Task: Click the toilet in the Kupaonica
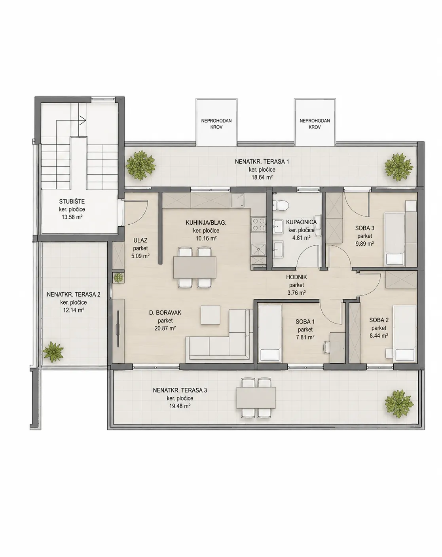[281, 205]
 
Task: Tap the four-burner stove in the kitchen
[258, 224]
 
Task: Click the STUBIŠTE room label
[72, 201]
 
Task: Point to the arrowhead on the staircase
[83, 120]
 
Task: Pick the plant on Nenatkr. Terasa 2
[53, 352]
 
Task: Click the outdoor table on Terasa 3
[256, 398]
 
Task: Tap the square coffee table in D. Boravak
[210, 315]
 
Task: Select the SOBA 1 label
[305, 322]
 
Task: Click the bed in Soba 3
[395, 239]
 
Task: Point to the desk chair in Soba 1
[326, 347]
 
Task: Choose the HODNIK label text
[296, 277]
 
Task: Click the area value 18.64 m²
[262, 178]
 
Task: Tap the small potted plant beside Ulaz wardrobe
[118, 277]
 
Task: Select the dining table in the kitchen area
[194, 267]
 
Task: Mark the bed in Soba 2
[404, 333]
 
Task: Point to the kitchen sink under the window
[237, 201]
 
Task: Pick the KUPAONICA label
[301, 222]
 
